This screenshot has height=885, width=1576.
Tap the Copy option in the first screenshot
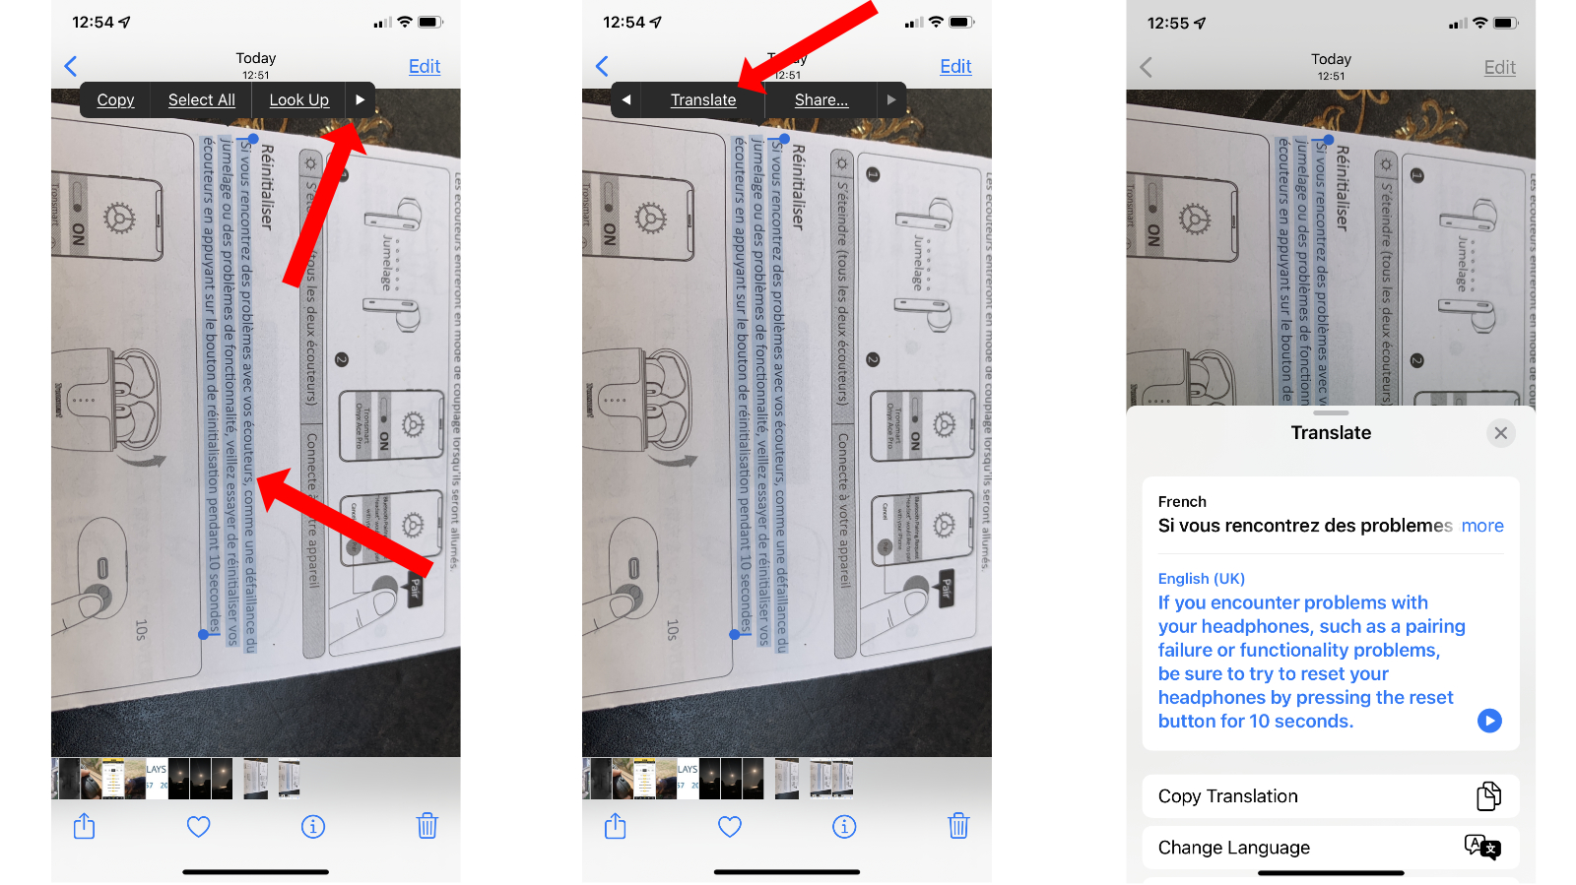coord(115,99)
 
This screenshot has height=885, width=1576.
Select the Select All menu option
coord(201,99)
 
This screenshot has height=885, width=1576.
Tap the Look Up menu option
coord(298,99)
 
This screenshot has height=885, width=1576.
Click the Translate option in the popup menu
coord(703,99)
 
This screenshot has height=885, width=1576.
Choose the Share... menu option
coord(821,99)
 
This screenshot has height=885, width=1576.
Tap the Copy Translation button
coord(1330,795)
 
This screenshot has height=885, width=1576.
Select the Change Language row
coord(1330,847)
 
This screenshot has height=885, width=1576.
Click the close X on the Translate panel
coord(1500,433)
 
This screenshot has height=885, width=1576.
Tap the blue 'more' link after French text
coord(1482,526)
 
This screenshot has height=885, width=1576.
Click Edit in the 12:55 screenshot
coord(1499,67)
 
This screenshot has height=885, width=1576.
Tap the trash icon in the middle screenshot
coord(958,826)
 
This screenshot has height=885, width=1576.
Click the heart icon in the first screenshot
coord(199,826)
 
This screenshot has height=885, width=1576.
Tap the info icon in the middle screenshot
coord(844,826)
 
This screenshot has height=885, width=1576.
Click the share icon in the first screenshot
coord(85,826)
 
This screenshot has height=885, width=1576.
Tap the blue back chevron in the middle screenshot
coord(603,66)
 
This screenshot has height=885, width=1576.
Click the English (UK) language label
coord(1201,578)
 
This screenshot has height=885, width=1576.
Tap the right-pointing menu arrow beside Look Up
coord(360,99)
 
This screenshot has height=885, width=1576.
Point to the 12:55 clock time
coord(1168,23)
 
